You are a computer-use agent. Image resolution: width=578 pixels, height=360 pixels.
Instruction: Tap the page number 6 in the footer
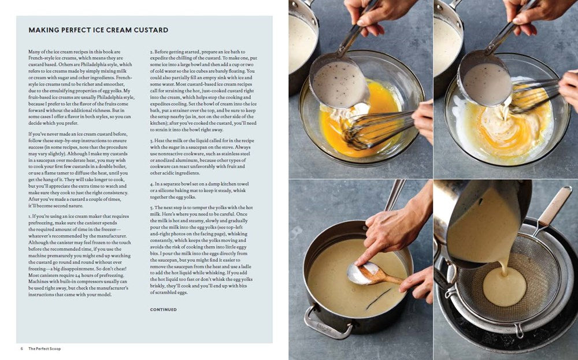(x=21, y=348)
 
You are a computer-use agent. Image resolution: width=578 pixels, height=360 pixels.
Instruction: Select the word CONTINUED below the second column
(x=164, y=309)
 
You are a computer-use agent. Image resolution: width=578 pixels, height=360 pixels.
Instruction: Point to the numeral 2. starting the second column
(x=151, y=52)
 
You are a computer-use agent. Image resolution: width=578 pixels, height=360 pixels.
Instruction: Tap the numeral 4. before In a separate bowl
(x=151, y=183)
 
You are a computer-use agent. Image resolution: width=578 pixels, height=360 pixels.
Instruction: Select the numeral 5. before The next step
(x=151, y=207)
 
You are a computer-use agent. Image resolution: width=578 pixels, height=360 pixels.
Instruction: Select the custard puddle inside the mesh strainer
(x=505, y=287)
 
